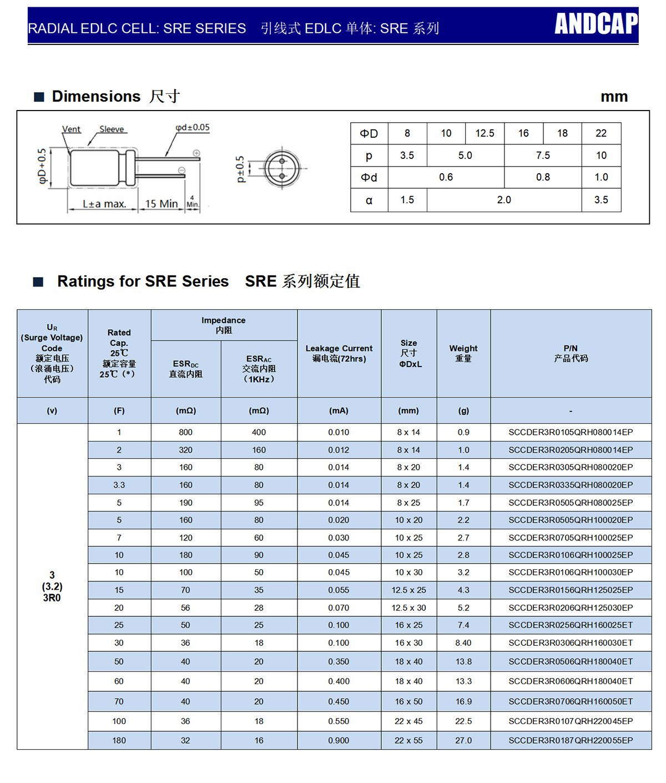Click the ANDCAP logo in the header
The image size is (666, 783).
[x=596, y=24]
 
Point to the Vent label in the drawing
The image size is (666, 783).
[x=71, y=129]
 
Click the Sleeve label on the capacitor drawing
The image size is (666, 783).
[x=112, y=129]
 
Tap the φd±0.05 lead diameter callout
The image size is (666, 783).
[x=193, y=128]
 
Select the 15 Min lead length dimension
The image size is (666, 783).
[x=161, y=204]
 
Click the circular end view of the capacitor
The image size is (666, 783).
[x=282, y=168]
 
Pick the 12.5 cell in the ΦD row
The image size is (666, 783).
[x=485, y=133]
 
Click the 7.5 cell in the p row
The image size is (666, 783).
[x=543, y=155]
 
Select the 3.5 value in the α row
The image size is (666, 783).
[x=601, y=200]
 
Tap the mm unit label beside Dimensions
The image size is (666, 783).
[x=614, y=97]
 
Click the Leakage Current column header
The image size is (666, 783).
[x=339, y=353]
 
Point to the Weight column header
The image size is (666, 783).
[x=463, y=353]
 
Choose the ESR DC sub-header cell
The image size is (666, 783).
[x=185, y=369]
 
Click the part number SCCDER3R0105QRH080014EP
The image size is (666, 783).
[x=571, y=432]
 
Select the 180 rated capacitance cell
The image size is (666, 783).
[x=119, y=740]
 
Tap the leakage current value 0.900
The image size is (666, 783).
[x=339, y=740]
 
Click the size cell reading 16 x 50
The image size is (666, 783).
[x=408, y=701]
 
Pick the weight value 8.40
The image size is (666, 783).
[x=463, y=643]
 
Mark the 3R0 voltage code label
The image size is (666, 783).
[x=52, y=598]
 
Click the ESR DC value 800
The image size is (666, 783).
[x=185, y=432]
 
